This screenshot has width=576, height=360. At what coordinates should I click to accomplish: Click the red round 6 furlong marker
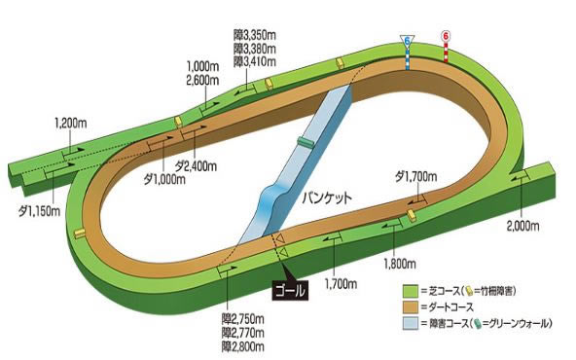click(x=447, y=35)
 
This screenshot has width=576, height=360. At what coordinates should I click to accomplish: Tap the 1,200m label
click(x=72, y=126)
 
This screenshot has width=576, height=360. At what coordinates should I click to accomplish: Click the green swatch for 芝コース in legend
click(x=411, y=291)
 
